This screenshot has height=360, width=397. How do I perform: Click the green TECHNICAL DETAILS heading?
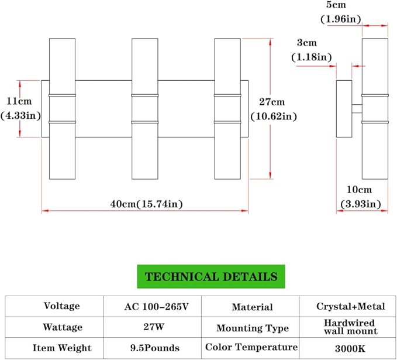[x=211, y=276]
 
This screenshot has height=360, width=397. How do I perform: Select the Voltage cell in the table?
[x=61, y=306]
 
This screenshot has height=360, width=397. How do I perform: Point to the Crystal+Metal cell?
[x=351, y=307]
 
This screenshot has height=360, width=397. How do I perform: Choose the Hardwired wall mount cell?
[x=351, y=327]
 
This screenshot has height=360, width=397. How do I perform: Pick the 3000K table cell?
[x=351, y=348]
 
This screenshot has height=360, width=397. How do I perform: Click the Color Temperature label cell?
[x=251, y=347]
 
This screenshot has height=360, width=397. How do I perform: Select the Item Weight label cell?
[x=63, y=348]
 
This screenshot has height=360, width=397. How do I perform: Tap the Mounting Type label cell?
[x=252, y=328]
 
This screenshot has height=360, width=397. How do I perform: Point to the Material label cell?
[x=252, y=307]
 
